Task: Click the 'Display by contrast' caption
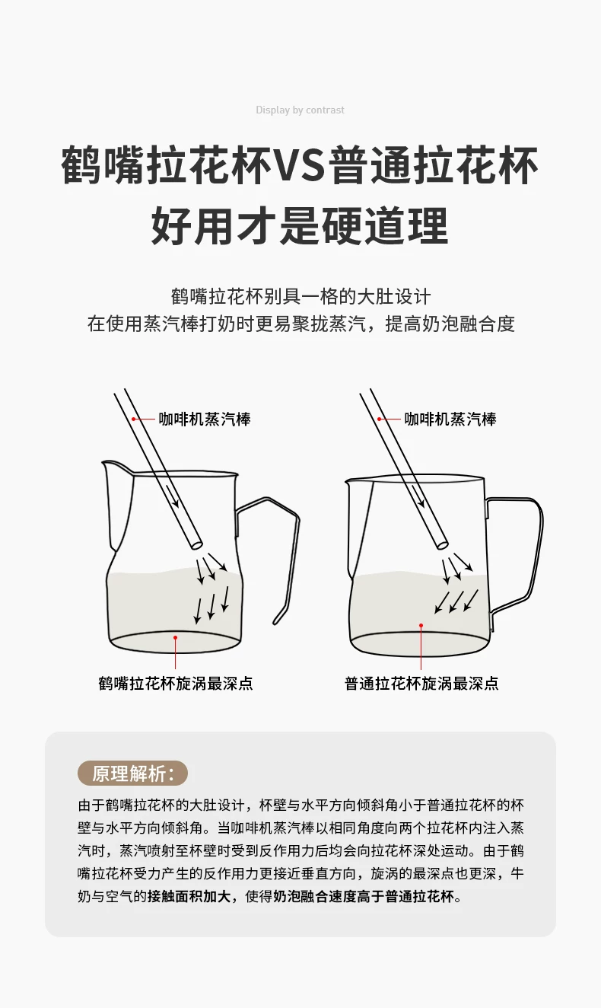[300, 110]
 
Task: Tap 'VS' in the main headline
[299, 164]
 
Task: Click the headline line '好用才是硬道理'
[300, 225]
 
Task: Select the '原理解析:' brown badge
[132, 773]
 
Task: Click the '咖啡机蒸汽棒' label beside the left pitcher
[205, 419]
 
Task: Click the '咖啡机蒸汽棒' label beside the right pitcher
[450, 419]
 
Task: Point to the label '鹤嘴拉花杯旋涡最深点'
[176, 683]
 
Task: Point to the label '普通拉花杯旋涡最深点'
[421, 683]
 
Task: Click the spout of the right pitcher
[348, 483]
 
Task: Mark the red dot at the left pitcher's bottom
[175, 637]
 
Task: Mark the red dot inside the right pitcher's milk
[421, 625]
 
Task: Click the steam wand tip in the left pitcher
[197, 544]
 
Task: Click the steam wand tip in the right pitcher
[443, 544]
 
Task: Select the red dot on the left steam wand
[133, 419]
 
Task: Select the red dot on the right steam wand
[380, 419]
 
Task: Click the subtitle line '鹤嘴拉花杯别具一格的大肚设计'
[300, 297]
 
